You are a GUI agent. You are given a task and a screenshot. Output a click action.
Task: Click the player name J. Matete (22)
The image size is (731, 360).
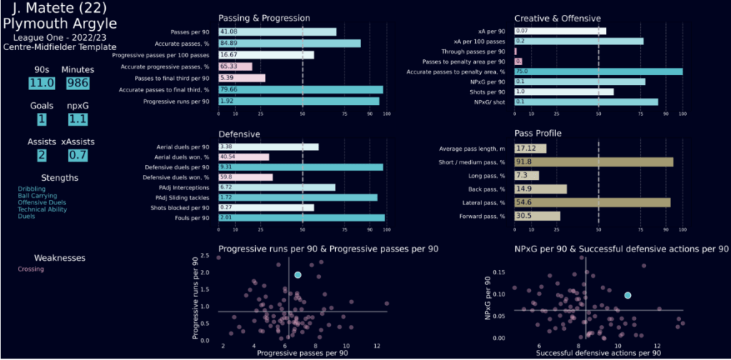pos(58,10)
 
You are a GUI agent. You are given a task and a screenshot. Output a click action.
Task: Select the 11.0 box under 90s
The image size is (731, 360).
pos(41,83)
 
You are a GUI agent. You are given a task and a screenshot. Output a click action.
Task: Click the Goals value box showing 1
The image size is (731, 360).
pos(41,119)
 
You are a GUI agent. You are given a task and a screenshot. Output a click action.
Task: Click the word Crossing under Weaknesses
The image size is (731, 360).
pos(31,269)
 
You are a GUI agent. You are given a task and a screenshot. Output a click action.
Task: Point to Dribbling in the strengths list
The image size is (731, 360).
pos(31,189)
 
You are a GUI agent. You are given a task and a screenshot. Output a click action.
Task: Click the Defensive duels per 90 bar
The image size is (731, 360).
pos(300,166)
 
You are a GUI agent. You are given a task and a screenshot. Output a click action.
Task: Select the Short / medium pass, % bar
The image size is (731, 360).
pos(593,162)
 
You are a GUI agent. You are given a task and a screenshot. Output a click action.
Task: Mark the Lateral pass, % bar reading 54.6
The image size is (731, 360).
pos(592,203)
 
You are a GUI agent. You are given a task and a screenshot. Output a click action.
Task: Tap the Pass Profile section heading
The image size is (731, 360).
pos(538,133)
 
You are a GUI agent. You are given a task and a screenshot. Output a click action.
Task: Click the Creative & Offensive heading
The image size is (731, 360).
pos(557,17)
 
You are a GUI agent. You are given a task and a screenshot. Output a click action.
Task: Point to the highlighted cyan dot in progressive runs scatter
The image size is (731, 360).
pos(298,275)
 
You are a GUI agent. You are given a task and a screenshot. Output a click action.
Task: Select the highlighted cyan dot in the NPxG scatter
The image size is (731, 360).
pos(627,295)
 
